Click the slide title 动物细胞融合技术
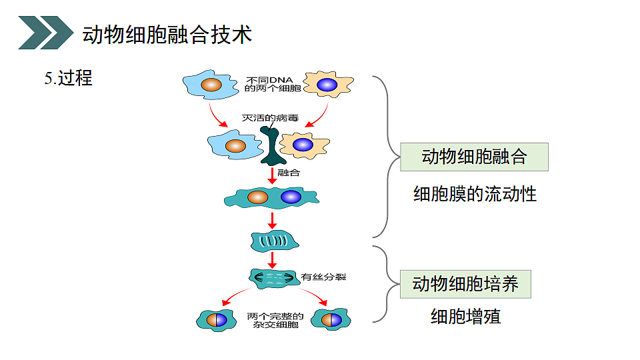pyautogui.click(x=167, y=34)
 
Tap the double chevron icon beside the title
pyautogui.click(x=45, y=33)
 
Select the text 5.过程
pyautogui.click(x=68, y=78)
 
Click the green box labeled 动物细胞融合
pyautogui.click(x=474, y=157)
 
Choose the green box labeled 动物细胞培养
pyautogui.click(x=465, y=285)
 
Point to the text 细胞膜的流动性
pyautogui.click(x=475, y=195)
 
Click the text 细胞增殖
pyautogui.click(x=465, y=316)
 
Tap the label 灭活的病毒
pyautogui.click(x=269, y=119)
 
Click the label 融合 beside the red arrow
pyautogui.click(x=289, y=173)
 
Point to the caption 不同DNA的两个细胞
pyautogui.click(x=273, y=84)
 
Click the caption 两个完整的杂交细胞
pyautogui.click(x=275, y=320)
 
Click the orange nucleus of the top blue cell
pyautogui.click(x=211, y=85)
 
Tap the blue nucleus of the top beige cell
pyautogui.click(x=327, y=85)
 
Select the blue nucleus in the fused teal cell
pyautogui.click(x=291, y=197)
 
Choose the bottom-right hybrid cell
pyautogui.click(x=331, y=319)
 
